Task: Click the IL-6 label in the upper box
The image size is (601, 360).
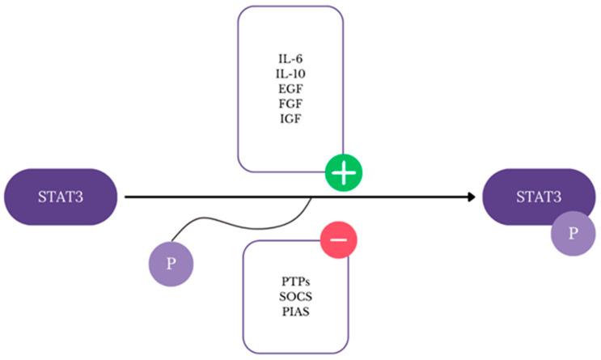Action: coord(289,58)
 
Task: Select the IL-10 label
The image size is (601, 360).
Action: coord(289,74)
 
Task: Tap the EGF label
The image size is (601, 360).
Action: coord(289,89)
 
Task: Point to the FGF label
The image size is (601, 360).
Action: coord(289,104)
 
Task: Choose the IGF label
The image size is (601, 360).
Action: coord(289,120)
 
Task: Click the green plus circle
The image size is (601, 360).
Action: coord(344,174)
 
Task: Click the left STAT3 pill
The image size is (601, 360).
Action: coord(61,197)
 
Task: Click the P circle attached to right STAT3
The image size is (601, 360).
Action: coord(573,234)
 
